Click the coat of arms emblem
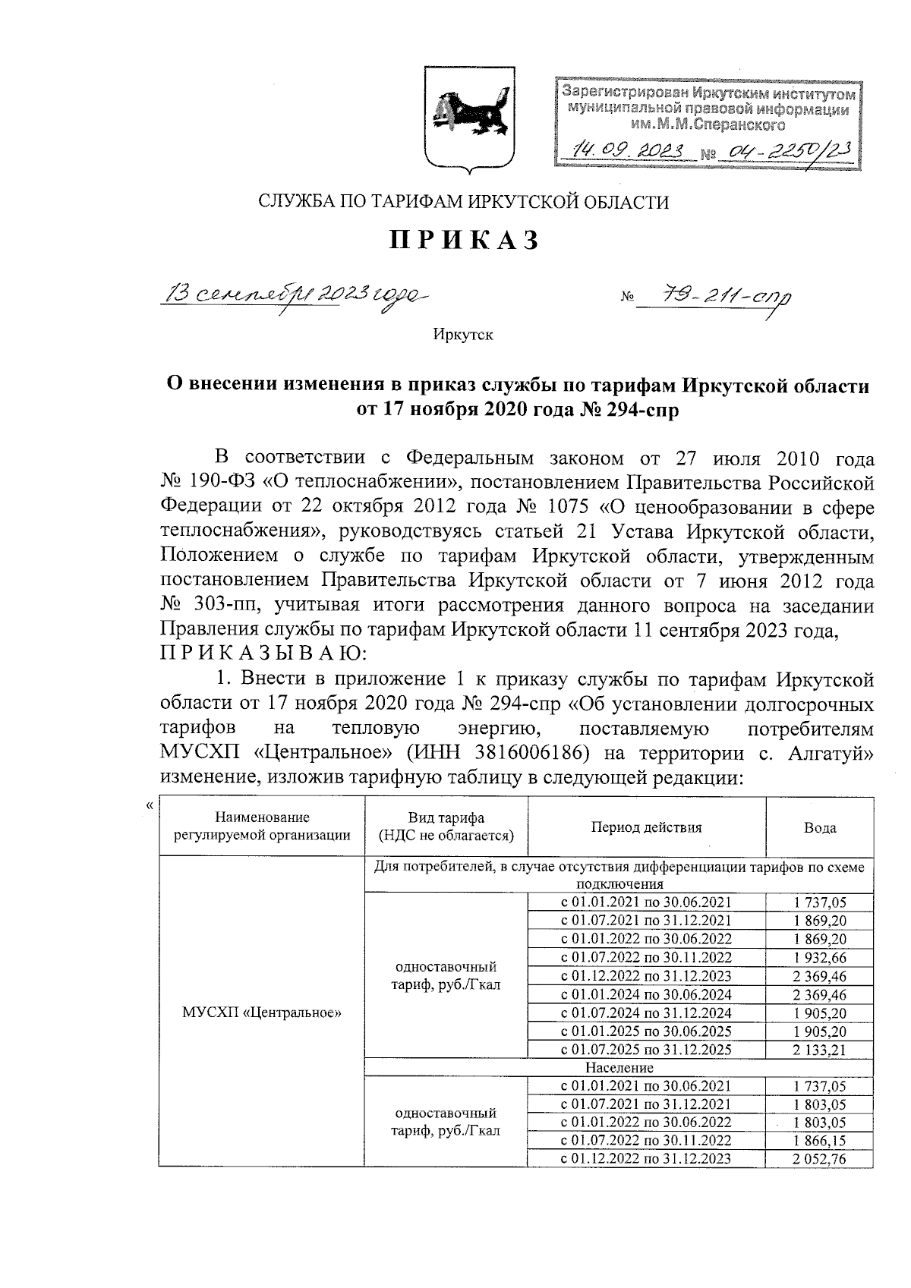coord(469,118)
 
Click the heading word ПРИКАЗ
coord(465,240)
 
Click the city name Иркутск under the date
coord(463,335)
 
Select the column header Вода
coord(820,828)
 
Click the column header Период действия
coord(647,828)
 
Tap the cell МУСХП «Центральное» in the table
coord(262,1012)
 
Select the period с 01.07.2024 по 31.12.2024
coord(646,1013)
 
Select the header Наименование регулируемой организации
coord(262,827)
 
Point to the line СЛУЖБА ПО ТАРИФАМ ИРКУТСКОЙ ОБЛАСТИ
coord(464,202)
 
